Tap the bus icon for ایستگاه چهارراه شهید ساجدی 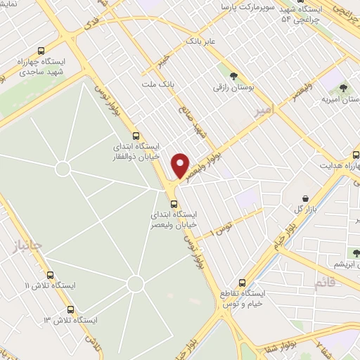point(41,51)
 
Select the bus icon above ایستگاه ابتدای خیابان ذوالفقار point(136,136)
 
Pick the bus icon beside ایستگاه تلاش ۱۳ point(70,309)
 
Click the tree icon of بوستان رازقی point(233,77)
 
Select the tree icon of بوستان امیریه point(344,88)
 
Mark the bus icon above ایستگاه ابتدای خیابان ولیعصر point(174,204)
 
